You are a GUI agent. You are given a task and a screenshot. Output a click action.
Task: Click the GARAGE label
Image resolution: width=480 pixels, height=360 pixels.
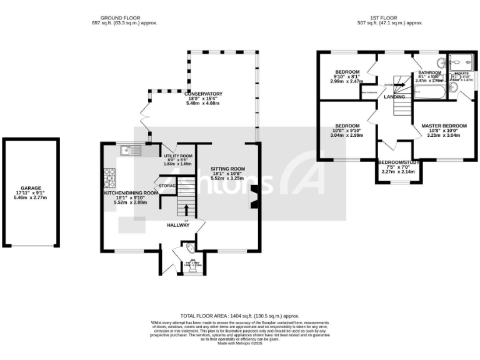[x=31, y=189]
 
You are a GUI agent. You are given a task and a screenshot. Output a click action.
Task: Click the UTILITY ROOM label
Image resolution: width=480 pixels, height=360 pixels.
[x=177, y=156]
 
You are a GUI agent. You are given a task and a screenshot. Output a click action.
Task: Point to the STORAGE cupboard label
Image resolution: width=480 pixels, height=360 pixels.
[x=167, y=186]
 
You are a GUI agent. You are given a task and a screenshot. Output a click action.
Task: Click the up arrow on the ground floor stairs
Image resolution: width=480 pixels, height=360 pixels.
[x=186, y=207]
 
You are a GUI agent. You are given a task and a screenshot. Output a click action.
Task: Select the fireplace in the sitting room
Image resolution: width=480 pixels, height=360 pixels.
[x=252, y=196]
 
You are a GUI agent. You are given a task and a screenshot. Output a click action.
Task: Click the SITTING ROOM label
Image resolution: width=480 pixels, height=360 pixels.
[x=227, y=169]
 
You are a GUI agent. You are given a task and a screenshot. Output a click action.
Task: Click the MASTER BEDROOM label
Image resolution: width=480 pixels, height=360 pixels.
[x=443, y=126]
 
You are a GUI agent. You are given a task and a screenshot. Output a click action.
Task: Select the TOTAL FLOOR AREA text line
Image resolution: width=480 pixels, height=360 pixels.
[x=240, y=316]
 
